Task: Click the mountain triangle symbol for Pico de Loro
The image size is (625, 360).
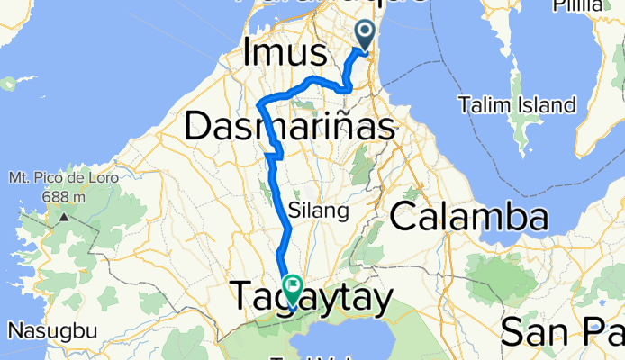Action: pos(63,217)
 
